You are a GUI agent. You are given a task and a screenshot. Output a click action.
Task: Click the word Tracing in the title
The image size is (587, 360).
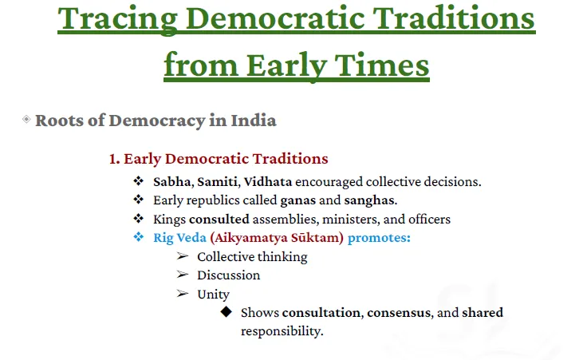click(117, 19)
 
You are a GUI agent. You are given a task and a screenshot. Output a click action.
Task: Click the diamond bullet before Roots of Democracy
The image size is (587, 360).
click(26, 120)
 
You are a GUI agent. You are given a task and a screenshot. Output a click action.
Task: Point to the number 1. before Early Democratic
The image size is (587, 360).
click(114, 159)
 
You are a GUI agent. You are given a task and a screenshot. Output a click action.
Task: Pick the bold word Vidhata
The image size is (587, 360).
click(268, 182)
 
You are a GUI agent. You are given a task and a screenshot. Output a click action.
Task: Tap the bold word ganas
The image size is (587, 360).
click(298, 201)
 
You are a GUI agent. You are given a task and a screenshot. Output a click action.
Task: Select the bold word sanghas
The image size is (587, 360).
click(369, 200)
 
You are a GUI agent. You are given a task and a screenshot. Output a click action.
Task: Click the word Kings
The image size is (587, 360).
click(169, 220)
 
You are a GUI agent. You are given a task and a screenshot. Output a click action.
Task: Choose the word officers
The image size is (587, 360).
click(429, 220)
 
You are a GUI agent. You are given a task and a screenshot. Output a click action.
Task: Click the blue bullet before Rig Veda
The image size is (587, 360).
click(139, 237)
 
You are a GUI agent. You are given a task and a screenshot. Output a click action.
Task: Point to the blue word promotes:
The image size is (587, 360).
click(379, 238)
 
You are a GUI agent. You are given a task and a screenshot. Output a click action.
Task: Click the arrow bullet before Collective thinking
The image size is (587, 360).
click(183, 256)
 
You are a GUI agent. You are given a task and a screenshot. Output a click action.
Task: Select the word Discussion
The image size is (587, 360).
click(228, 275)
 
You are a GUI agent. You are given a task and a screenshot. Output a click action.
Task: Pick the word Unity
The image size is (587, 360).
click(213, 295)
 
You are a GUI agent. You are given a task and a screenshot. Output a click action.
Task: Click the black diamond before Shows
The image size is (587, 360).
click(227, 311)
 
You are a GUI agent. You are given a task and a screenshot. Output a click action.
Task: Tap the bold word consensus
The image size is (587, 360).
click(399, 313)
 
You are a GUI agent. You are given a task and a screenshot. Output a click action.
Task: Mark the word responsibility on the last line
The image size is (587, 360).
click(282, 331)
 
